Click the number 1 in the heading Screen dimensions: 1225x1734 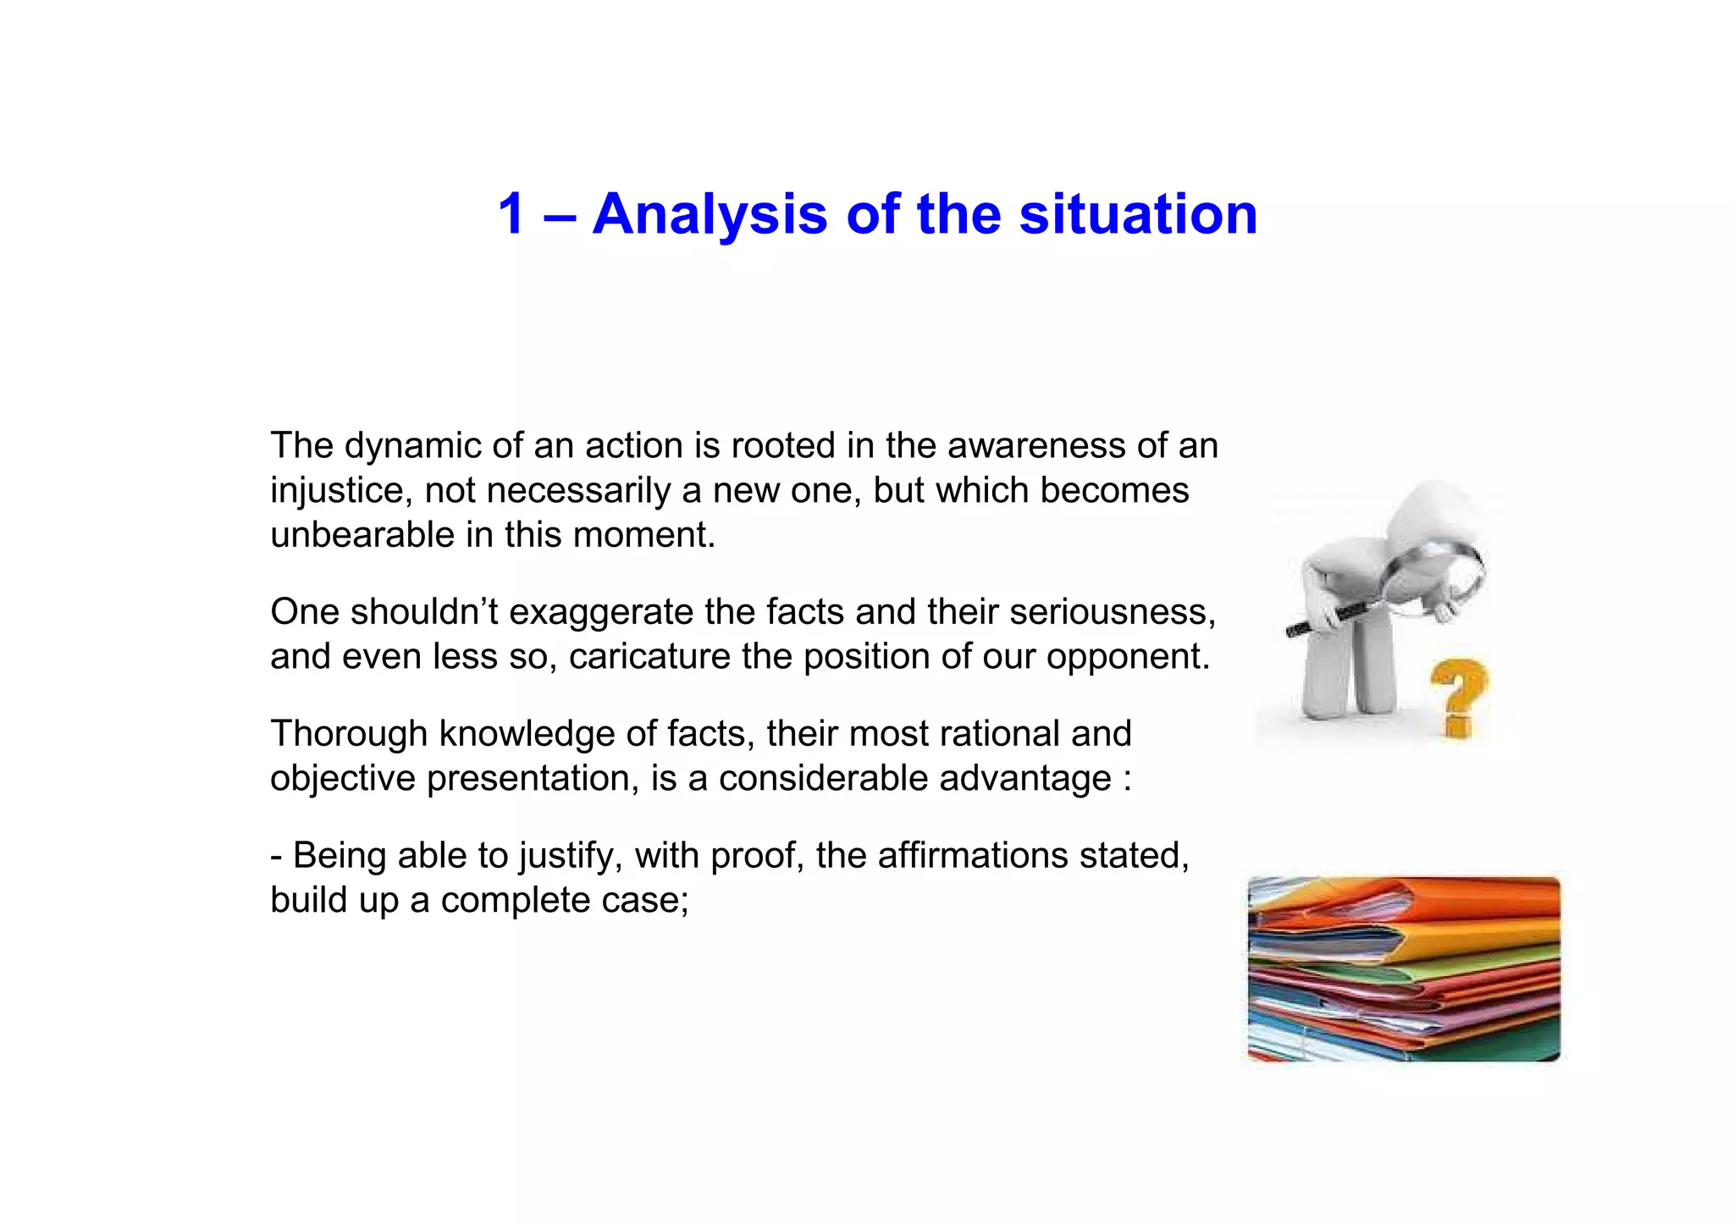[x=512, y=213]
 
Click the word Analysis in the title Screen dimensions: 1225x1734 [x=710, y=215]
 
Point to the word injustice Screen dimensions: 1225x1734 [x=341, y=491]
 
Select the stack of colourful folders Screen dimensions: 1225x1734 [x=1404, y=968]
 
